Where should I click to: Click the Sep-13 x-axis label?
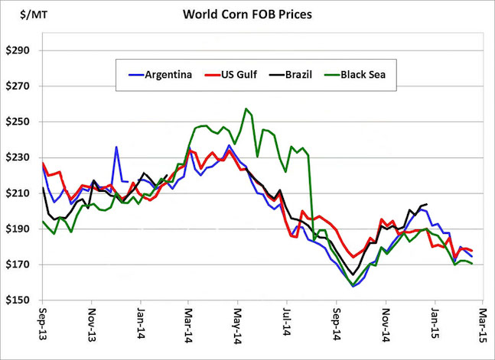[x=44, y=325]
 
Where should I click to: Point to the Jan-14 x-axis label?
[x=141, y=325]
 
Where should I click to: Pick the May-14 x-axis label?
[x=239, y=325]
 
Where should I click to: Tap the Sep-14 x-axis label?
[x=337, y=325]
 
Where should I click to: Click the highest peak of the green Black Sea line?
[x=246, y=109]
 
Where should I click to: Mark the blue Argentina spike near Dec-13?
[x=116, y=147]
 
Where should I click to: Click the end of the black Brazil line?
[x=426, y=204]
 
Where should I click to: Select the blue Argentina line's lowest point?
[x=353, y=286]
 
